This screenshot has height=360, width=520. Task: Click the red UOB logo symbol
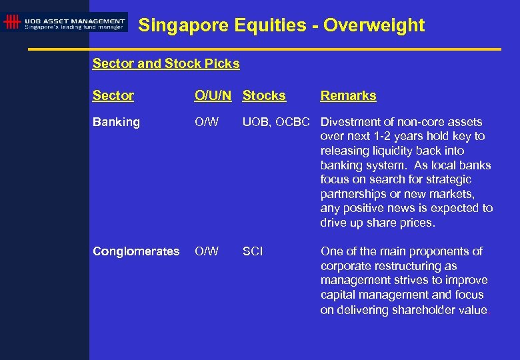pyautogui.click(x=11, y=22)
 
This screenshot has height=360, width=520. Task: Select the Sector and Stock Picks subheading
pyautogui.click(x=166, y=64)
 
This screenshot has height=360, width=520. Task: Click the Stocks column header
pyautogui.click(x=264, y=95)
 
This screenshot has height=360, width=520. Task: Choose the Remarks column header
pyautogui.click(x=348, y=95)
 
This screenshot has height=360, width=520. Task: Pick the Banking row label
pyautogui.click(x=117, y=122)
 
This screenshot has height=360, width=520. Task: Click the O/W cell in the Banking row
pyautogui.click(x=206, y=122)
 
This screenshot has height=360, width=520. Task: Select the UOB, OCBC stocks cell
pyautogui.click(x=276, y=122)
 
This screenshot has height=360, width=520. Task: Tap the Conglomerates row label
pyautogui.click(x=136, y=251)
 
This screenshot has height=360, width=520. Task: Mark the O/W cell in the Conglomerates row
pyautogui.click(x=206, y=251)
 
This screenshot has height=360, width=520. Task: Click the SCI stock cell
pyautogui.click(x=253, y=251)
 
